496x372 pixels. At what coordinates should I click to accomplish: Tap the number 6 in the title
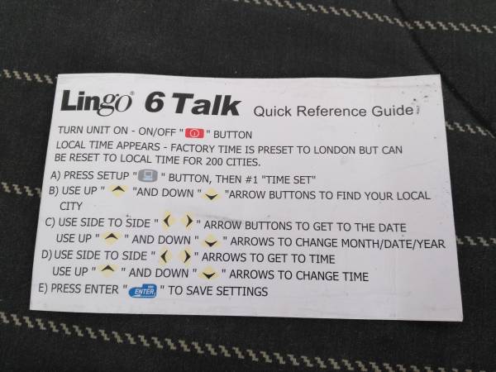[x=155, y=103]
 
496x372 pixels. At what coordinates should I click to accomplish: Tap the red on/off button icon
[x=194, y=133]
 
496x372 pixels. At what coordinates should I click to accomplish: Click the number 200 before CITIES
[x=214, y=162]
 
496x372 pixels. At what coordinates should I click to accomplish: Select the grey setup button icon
[x=148, y=175]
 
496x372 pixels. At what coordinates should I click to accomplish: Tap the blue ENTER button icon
[x=143, y=291]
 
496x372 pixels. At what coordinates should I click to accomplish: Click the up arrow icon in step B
[x=118, y=190]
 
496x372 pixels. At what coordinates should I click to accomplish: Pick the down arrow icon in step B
[x=212, y=196]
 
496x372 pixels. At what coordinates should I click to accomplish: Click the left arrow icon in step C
[x=167, y=221]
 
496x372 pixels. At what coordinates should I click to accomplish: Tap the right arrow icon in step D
[x=187, y=256]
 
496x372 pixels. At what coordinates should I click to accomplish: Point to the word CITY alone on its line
[x=71, y=206]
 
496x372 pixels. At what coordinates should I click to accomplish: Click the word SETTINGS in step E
[x=242, y=291]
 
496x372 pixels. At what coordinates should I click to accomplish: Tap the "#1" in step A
[x=252, y=179]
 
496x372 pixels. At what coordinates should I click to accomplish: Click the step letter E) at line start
[x=43, y=289]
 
